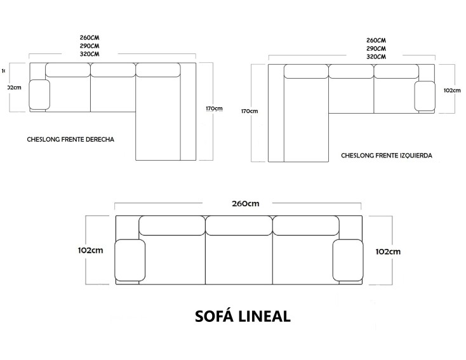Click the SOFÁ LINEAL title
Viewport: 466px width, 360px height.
click(243, 316)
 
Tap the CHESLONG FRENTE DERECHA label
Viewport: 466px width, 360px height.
click(70, 138)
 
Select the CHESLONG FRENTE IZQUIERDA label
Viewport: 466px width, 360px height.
click(386, 154)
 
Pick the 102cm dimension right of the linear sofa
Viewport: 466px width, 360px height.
click(388, 251)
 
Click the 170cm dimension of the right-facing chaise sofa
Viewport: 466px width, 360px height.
click(214, 108)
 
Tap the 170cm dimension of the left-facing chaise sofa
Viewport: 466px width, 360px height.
click(250, 112)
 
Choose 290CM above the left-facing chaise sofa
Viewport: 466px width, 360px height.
click(376, 49)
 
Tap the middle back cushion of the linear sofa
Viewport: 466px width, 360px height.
click(239, 225)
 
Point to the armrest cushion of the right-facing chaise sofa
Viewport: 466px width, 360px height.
click(39, 94)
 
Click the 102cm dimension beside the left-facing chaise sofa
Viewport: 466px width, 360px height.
click(452, 90)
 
